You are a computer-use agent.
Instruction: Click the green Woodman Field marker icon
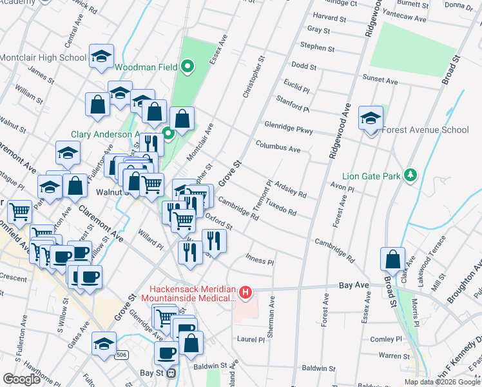pyautogui.click(x=188, y=65)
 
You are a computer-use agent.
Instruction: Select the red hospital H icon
pyautogui.click(x=245, y=293)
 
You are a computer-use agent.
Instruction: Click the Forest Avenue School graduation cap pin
pyautogui.click(x=371, y=119)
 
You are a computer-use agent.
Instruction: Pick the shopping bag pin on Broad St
pyautogui.click(x=393, y=260)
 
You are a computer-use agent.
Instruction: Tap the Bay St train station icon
pyautogui.click(x=171, y=373)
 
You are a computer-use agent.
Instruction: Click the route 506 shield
pyautogui.click(x=120, y=355)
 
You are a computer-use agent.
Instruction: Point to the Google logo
pyautogui.click(x=21, y=379)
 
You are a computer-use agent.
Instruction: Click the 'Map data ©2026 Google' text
pyautogui.click(x=441, y=382)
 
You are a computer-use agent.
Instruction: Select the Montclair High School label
pyautogui.click(x=43, y=57)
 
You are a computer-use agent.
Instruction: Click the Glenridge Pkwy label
pyautogui.click(x=288, y=127)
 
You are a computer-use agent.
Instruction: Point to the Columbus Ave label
pyautogui.click(x=278, y=147)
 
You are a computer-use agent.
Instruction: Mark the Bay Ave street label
pyautogui.click(x=354, y=284)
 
